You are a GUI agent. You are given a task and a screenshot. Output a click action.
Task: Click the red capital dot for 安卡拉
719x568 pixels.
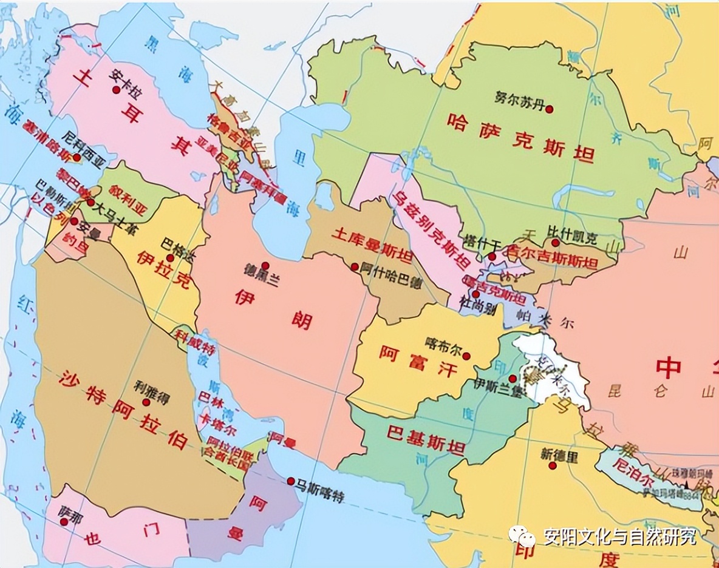coord(116,89)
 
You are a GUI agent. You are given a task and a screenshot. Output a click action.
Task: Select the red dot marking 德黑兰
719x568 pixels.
coord(265,265)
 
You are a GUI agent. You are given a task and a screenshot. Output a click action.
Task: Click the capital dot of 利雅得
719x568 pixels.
coord(146,402)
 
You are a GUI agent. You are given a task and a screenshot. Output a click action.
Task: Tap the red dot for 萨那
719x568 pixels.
coord(64,521)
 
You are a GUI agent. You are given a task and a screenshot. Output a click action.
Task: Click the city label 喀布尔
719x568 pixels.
coord(443,343)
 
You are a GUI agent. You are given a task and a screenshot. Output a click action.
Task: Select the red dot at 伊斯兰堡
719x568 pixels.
coord(513,378)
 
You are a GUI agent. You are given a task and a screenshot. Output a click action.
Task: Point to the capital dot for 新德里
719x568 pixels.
coord(553,465)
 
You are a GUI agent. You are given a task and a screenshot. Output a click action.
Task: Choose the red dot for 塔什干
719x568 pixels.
coord(492,257)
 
